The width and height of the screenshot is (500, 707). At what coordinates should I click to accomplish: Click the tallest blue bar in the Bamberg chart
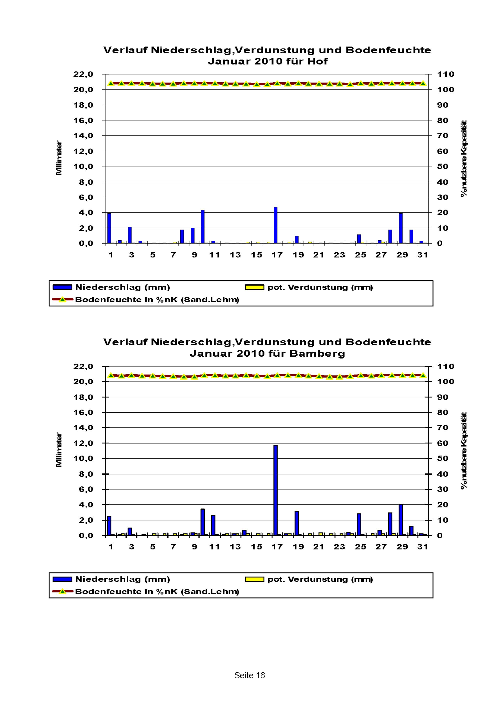[275, 490]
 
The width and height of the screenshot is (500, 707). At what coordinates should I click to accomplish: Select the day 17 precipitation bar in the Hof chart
[275, 225]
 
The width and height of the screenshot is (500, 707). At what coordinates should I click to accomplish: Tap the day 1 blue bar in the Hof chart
[109, 228]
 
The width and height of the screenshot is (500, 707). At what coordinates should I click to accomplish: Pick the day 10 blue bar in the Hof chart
[202, 227]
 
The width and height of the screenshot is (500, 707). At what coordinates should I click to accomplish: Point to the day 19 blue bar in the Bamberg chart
[296, 523]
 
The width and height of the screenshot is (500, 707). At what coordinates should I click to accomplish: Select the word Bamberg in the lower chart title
[317, 354]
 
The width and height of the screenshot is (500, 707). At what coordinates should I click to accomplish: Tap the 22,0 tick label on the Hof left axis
[83, 74]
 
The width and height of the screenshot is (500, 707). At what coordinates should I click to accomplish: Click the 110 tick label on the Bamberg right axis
[446, 366]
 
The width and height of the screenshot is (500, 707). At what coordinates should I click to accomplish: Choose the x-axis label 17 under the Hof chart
[277, 255]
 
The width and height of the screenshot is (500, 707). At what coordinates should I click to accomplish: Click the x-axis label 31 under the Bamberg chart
[423, 547]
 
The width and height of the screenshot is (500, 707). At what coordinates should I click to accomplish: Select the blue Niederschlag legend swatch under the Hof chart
[62, 287]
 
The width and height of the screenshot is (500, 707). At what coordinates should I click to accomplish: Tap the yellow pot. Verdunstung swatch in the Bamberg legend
[254, 579]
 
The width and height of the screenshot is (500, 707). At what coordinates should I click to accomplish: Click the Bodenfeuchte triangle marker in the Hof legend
[62, 300]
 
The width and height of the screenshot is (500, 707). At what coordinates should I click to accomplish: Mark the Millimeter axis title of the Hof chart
[59, 158]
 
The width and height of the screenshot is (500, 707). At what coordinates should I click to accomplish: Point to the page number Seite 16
[250, 675]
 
